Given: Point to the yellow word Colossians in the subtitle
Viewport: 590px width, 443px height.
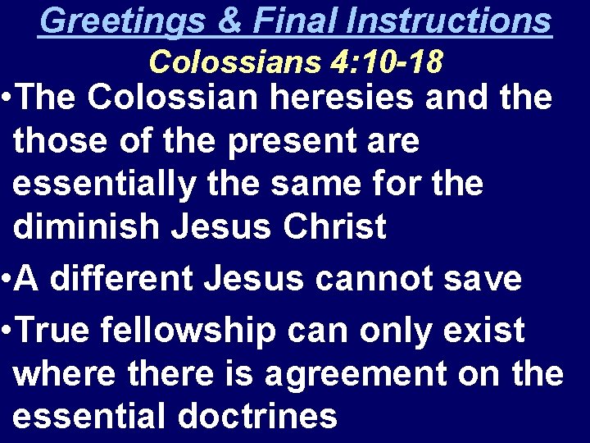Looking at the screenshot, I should pyautogui.click(x=238, y=61).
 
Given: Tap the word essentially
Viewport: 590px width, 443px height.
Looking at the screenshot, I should pyautogui.click(x=103, y=184).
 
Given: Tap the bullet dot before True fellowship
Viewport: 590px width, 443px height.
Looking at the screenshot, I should pyautogui.click(x=7, y=330).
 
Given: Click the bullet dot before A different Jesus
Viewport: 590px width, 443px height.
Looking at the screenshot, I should pyautogui.click(x=7, y=279).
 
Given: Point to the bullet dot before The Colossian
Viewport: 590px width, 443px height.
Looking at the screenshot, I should pyautogui.click(x=7, y=98).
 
